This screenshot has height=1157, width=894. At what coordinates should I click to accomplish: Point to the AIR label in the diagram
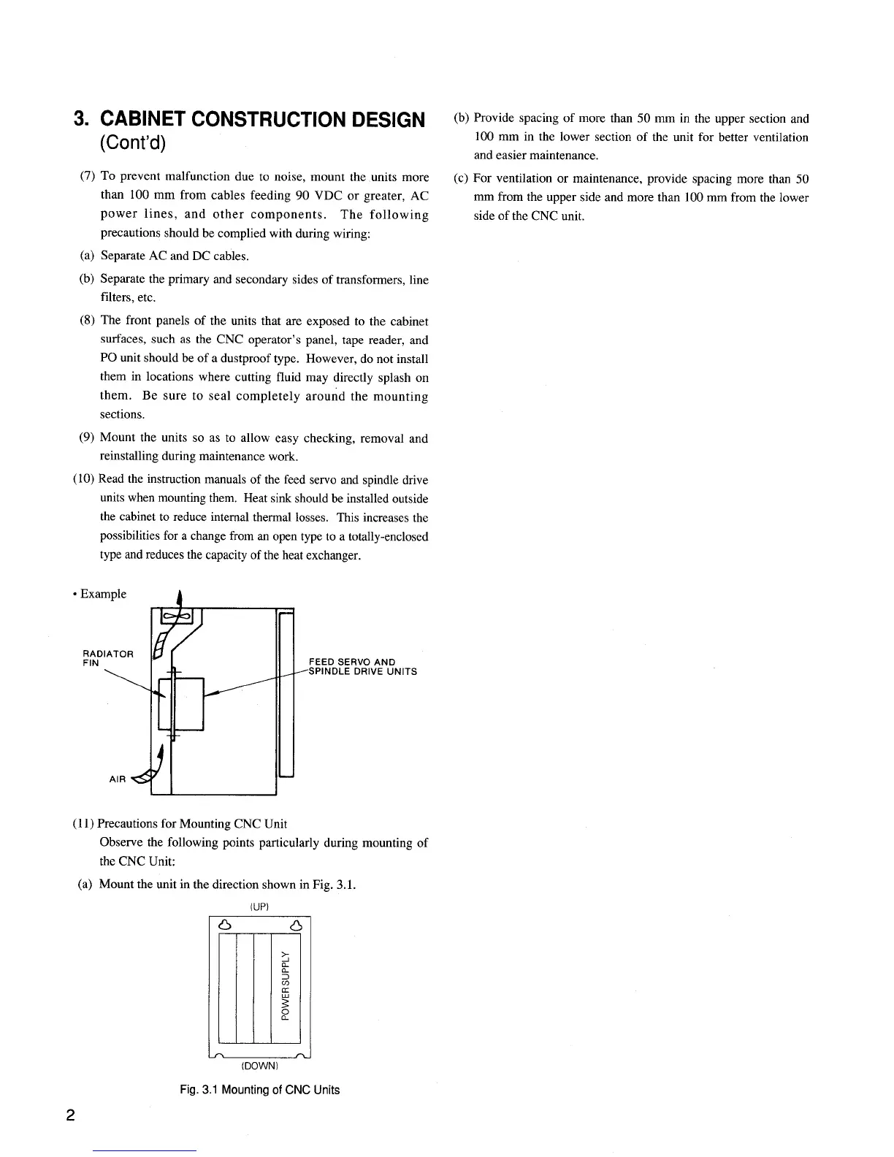coord(117,779)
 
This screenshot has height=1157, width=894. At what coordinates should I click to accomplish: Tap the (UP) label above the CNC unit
coord(261,906)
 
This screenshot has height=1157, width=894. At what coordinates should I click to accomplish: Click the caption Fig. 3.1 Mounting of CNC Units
coord(259,1090)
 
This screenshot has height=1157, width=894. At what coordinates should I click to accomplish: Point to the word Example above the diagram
coord(103,594)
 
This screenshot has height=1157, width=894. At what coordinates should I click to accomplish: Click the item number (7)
coord(87,177)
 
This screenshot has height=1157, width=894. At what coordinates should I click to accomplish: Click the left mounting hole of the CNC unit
coord(226,926)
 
